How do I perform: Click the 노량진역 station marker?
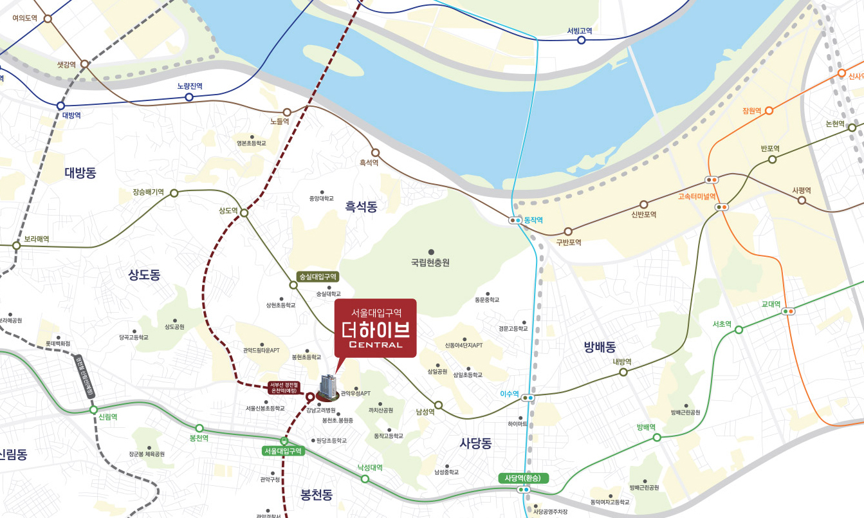point(189,97)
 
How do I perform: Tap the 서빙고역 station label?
point(580,30)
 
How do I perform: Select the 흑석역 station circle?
point(376,153)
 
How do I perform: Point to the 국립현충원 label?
point(430,263)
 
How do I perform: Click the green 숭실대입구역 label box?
point(317,277)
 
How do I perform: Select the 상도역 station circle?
point(244,213)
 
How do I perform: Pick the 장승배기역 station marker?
point(174,193)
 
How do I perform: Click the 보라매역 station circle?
point(17,246)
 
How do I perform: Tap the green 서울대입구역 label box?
point(283,451)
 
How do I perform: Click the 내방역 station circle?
point(623,372)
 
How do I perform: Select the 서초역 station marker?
point(739,329)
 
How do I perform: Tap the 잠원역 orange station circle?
point(769,111)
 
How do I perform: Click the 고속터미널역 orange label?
point(697,196)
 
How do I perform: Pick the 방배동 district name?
point(600,347)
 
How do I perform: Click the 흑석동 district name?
point(361,207)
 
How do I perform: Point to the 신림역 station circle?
point(94,409)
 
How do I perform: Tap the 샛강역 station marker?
point(84,64)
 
